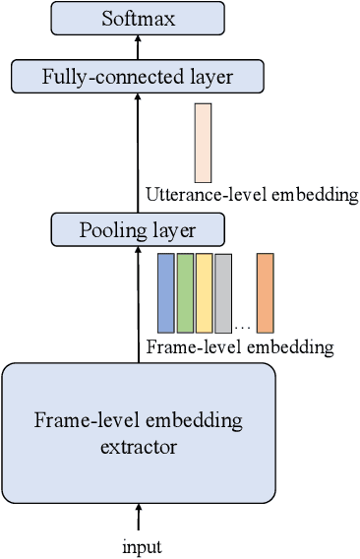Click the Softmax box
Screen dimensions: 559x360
(x=137, y=17)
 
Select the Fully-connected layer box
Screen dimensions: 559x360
(x=137, y=75)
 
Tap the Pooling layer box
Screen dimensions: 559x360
(x=137, y=231)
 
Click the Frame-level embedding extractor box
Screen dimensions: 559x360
(x=138, y=431)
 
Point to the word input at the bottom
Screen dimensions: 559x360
(x=138, y=545)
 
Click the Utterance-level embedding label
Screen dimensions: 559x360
(x=250, y=195)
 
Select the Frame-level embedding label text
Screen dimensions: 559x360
(x=239, y=347)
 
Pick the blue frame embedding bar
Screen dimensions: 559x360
(x=165, y=291)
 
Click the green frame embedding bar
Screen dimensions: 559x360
(x=185, y=291)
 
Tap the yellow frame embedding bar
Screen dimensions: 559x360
(x=204, y=291)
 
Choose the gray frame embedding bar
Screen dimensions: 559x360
(x=223, y=293)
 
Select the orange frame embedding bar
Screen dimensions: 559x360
(x=265, y=292)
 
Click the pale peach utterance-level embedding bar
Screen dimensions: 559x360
(x=203, y=143)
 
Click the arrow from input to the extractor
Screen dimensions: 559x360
(x=138, y=517)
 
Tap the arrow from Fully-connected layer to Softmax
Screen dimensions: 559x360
(x=138, y=45)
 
